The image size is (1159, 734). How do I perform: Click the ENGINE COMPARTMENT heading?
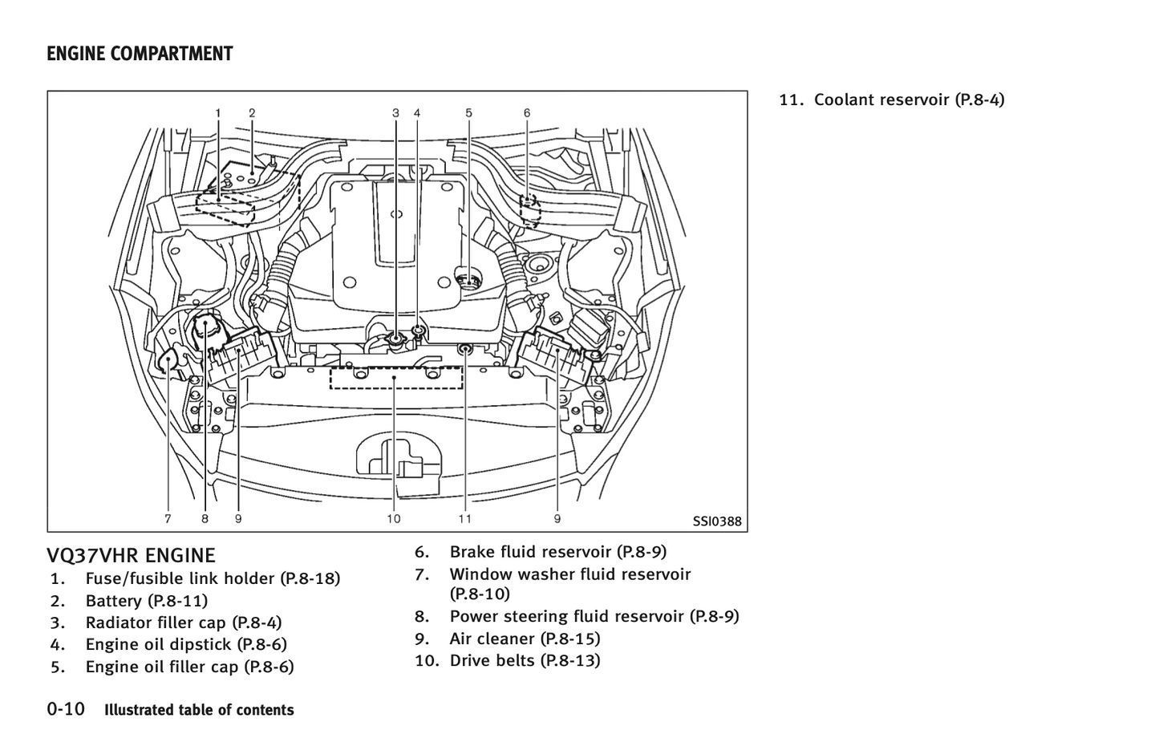(140, 55)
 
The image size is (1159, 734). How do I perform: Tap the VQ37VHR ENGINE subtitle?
(131, 555)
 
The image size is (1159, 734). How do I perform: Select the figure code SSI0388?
(717, 521)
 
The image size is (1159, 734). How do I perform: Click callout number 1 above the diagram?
(218, 113)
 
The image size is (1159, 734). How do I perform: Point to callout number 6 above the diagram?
(527, 113)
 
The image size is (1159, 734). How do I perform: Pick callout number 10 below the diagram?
(393, 519)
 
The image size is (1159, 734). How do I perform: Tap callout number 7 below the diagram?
(168, 519)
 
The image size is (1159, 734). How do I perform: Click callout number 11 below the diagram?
(465, 519)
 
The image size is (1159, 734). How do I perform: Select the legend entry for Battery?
(146, 601)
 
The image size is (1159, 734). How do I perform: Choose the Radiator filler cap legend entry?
(183, 622)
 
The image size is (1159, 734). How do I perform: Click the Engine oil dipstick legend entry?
(185, 644)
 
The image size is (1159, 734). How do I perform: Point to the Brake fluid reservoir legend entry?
(557, 552)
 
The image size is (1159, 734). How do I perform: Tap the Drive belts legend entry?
(525, 660)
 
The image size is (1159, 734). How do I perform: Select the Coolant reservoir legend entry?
(909, 99)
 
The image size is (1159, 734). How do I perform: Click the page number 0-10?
(66, 709)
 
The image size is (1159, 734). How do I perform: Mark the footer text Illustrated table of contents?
(199, 710)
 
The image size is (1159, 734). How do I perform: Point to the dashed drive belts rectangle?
(396, 377)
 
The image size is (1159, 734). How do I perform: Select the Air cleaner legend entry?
(525, 639)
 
